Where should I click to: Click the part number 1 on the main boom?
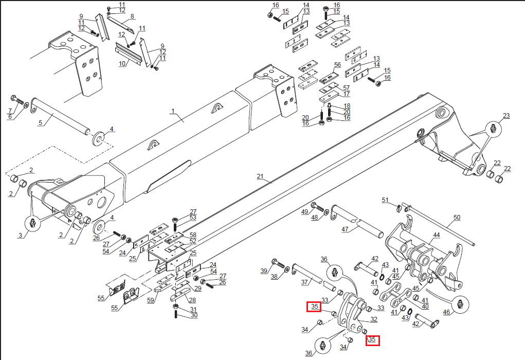pos(173,111)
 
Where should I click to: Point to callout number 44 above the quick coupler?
pos(436,235)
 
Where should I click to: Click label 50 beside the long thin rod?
pos(456,218)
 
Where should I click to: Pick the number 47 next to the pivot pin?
pos(345,229)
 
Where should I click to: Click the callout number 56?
pos(337,65)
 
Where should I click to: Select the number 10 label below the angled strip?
pos(122,64)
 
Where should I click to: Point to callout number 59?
pos(151,300)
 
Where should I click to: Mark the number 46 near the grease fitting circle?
pos(446,312)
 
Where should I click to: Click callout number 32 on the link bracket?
pos(374,319)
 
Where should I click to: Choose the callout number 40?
pos(425,307)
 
